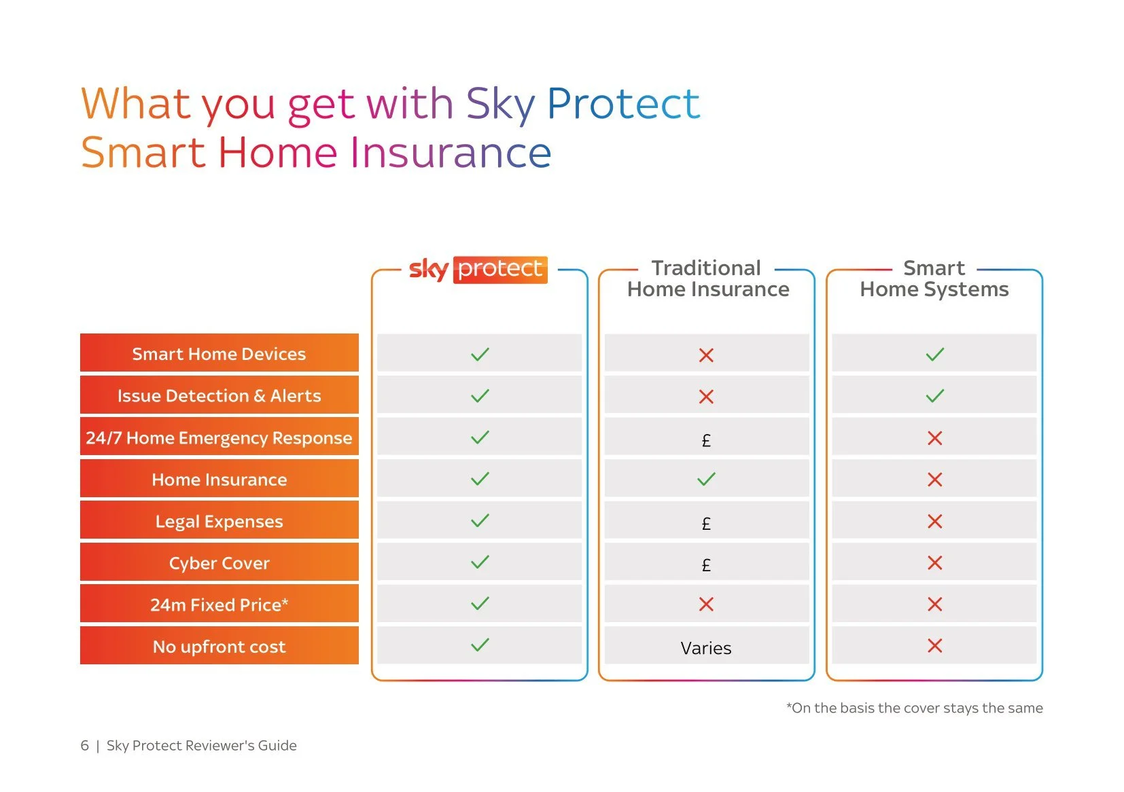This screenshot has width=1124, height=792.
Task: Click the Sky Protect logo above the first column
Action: coord(478,269)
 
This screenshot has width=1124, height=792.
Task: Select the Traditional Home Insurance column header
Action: coord(707,278)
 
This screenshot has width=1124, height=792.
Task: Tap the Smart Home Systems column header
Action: coord(934,278)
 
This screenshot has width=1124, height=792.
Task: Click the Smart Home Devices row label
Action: coord(219,354)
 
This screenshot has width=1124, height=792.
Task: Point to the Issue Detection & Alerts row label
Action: coord(219,396)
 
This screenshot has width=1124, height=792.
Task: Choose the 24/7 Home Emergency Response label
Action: coord(219,438)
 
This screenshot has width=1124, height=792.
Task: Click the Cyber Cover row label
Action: coord(219,563)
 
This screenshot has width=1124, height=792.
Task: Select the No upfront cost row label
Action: coord(219,647)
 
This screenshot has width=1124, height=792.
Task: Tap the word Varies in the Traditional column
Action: coord(705,648)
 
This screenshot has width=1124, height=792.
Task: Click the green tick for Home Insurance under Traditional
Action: coord(706,480)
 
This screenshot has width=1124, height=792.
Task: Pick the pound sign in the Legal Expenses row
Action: coord(706,524)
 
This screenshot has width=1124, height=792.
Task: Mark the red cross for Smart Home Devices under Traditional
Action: coord(706,355)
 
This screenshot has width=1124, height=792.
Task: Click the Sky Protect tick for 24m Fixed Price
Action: coord(480,604)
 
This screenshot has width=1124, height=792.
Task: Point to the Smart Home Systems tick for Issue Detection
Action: coord(934,396)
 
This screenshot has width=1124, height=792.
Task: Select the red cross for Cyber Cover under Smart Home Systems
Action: coord(934,563)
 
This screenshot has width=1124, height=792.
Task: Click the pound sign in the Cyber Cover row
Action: coord(706,565)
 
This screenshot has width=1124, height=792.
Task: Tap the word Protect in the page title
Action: coord(622,104)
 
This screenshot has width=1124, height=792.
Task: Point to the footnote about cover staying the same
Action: coord(914,708)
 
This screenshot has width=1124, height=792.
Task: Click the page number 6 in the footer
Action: coord(85,745)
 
